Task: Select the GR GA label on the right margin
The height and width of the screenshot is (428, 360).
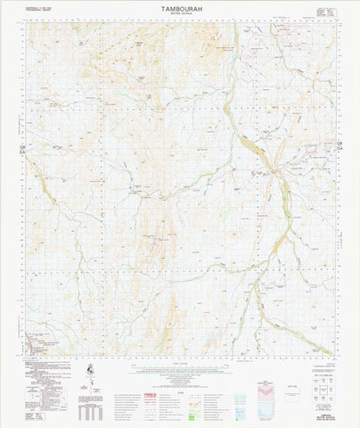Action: point(340,145)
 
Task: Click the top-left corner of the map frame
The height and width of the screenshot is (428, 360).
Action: point(26,24)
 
